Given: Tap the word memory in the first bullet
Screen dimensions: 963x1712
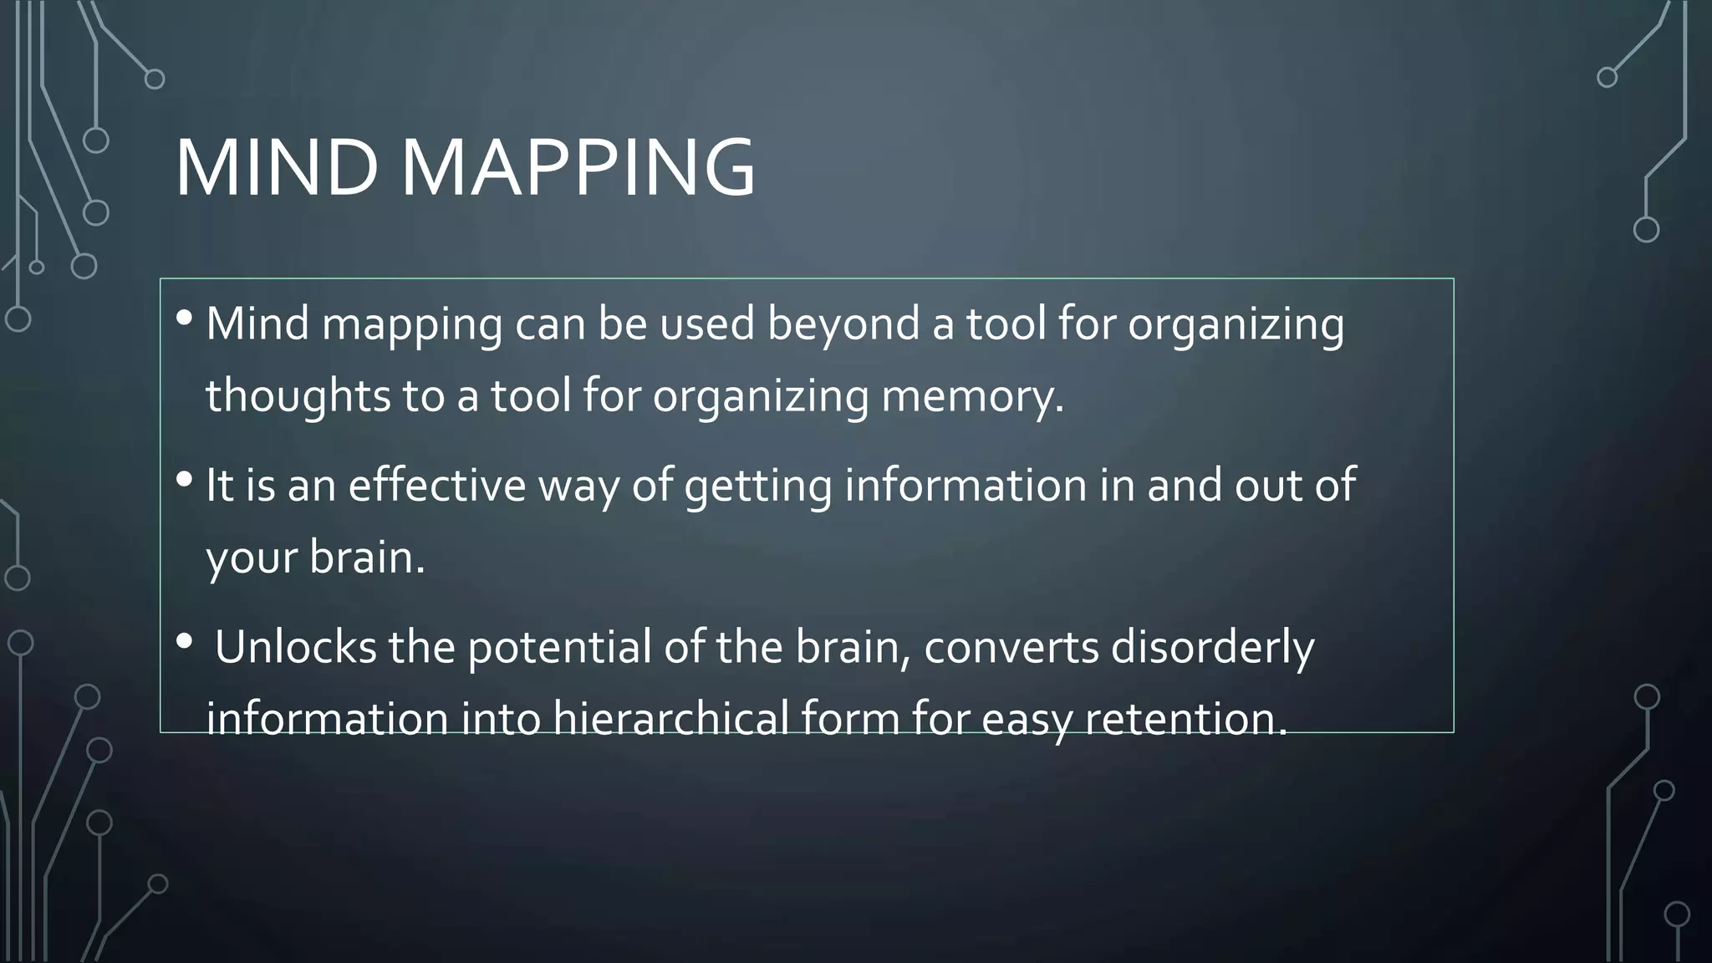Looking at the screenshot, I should point(972,395).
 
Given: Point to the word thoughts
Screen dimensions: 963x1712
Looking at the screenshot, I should point(298,395).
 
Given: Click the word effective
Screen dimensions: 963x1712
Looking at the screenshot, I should point(436,485).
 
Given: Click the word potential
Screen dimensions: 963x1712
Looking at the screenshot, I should point(559,648).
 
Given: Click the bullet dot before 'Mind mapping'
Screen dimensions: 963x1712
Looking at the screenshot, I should point(185,318).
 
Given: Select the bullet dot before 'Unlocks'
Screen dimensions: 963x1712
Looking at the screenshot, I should point(185,641).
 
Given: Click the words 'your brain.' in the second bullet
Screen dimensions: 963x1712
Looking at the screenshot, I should point(315,558).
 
